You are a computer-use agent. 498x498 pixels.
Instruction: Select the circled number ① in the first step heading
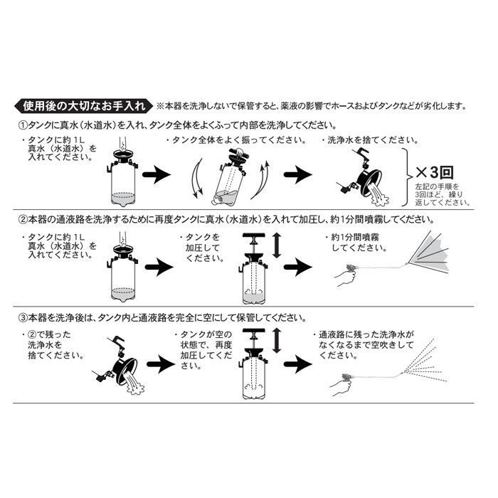coord(21,124)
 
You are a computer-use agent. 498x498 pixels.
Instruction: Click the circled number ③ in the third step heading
coord(21,317)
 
